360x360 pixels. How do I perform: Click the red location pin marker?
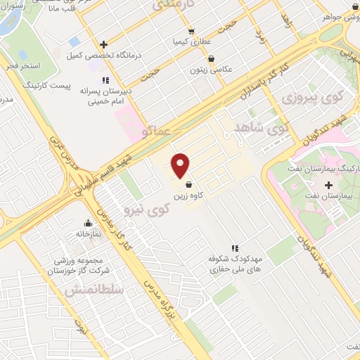click(181, 165)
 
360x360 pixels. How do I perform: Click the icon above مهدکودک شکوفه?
click(236, 247)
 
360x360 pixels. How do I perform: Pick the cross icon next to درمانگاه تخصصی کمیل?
click(103, 44)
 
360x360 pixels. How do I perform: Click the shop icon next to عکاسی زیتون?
click(212, 59)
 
